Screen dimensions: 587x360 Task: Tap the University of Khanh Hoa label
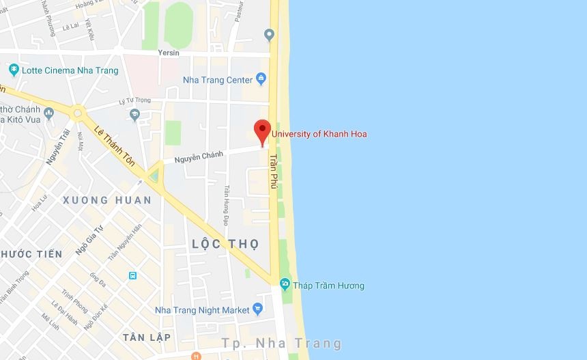pos(319,134)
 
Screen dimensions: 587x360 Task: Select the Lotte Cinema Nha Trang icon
pos(14,70)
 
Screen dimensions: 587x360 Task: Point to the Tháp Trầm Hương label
pos(328,286)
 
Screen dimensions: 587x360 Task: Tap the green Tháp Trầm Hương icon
pos(285,283)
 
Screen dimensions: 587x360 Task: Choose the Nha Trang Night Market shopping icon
pos(257,309)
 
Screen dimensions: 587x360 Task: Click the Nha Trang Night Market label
pos(203,310)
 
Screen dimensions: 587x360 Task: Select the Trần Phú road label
pos(274,171)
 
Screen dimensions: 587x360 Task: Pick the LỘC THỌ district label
pos(225,244)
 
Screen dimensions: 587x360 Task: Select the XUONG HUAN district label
pos(106,200)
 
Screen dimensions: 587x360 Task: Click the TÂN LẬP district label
pos(146,337)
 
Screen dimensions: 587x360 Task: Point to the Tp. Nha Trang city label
pos(281,343)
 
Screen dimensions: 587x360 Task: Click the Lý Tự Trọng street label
pos(133,102)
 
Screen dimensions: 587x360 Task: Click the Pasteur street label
pos(238,12)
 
